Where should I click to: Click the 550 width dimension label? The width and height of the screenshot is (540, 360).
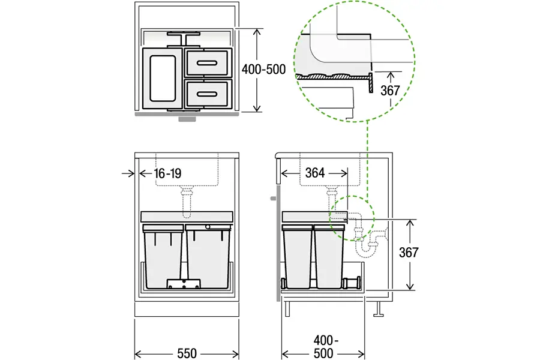click(x=187, y=352)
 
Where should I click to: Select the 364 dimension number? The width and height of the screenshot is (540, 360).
click(x=314, y=173)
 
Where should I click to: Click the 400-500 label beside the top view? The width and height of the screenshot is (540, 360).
click(x=263, y=69)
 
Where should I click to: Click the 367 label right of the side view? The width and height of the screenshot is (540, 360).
click(x=409, y=253)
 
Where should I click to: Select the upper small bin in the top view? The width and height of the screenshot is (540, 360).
click(x=207, y=62)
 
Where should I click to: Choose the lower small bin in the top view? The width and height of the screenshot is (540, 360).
click(x=207, y=93)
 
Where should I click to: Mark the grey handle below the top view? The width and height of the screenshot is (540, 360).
click(x=187, y=119)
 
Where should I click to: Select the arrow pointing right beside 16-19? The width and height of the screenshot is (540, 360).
click(x=128, y=173)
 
